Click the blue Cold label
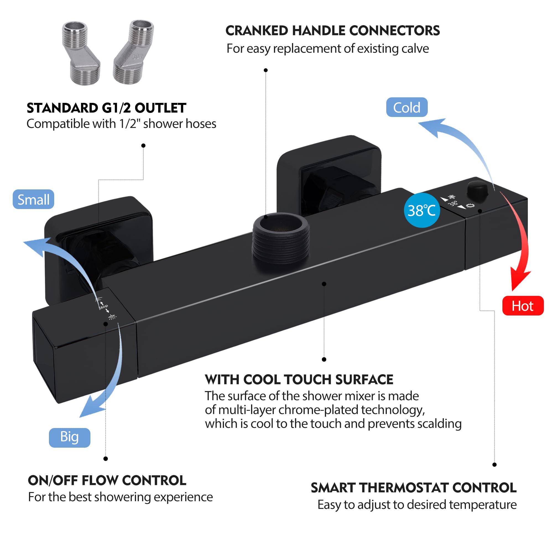click(x=407, y=107)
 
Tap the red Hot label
click(x=523, y=306)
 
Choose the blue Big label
click(x=70, y=438)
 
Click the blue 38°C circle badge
click(x=422, y=210)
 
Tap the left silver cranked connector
click(x=81, y=53)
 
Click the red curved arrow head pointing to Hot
click(x=520, y=279)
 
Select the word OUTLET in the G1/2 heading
click(x=160, y=108)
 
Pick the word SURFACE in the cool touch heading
click(x=364, y=380)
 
